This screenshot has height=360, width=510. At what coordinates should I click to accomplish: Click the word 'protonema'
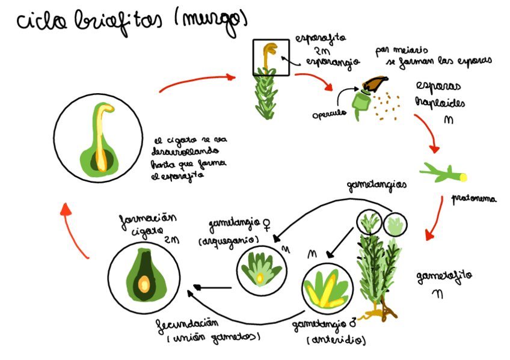tap(475, 198)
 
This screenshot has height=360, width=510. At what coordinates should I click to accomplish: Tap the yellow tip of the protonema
tap(463, 177)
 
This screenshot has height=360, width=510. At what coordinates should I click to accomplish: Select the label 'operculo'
tap(329, 113)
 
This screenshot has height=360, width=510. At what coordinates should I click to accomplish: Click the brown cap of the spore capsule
tap(376, 83)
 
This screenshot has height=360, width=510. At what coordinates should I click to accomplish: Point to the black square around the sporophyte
tap(271, 58)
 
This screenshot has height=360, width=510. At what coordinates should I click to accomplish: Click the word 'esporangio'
tap(332, 61)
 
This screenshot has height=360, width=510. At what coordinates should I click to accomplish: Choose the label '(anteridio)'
tap(336, 340)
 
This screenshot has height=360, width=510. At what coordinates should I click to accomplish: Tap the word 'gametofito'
tap(444, 276)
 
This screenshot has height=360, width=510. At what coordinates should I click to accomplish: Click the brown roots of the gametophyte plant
tap(382, 313)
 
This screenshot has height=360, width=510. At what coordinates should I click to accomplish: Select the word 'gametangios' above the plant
tap(376, 185)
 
